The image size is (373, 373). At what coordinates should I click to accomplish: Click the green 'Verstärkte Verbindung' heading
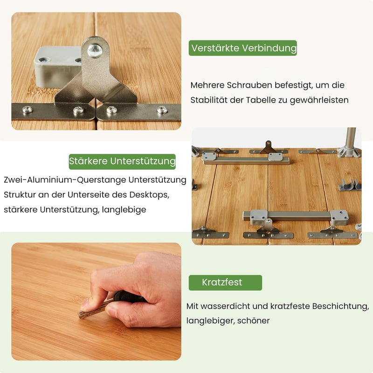[x=242, y=48]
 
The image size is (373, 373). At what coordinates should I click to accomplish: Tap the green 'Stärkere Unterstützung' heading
[x=122, y=161]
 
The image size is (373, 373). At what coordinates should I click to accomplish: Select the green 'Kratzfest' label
[x=225, y=283]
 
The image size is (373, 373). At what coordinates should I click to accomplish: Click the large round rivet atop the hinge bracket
[x=95, y=51]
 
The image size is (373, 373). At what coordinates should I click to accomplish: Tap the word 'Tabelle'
[x=261, y=100]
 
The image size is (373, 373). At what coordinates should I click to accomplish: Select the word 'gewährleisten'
[x=319, y=100]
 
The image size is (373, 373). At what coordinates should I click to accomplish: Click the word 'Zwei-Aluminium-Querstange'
[x=65, y=180]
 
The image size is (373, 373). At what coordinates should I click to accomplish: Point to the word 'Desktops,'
[x=149, y=195]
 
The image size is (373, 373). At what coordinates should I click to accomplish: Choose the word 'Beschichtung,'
[x=341, y=306]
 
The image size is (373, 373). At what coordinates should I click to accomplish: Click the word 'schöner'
[x=253, y=321]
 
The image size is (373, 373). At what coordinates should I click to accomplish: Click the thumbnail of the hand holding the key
[x=96, y=301]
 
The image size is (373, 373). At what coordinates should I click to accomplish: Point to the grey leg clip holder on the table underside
[x=350, y=185]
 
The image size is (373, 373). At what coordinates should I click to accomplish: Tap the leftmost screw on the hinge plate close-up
[x=28, y=110]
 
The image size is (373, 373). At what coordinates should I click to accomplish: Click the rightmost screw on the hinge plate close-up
[x=162, y=110]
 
